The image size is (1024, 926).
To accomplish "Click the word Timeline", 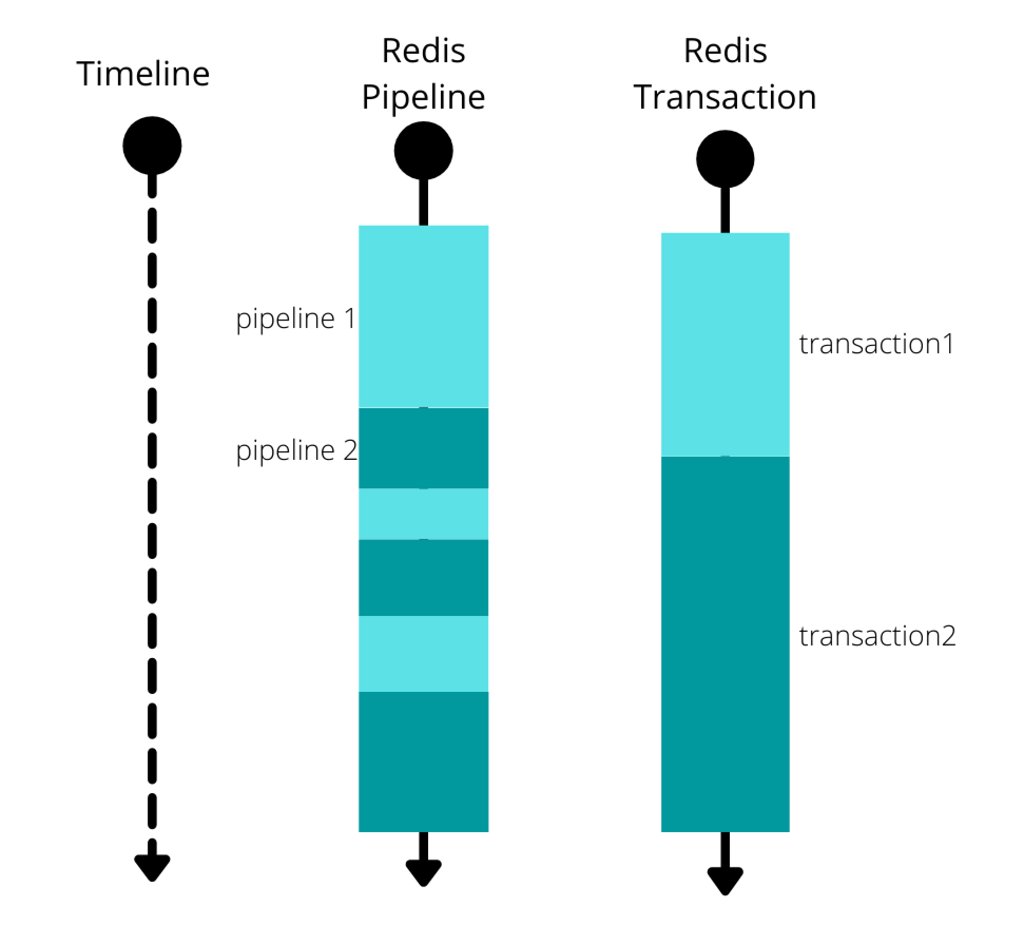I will point(143,74).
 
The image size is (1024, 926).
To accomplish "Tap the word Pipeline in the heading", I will point(423,97).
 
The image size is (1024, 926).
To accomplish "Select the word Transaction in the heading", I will point(725,97).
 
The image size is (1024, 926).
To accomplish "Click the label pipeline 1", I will point(295,319).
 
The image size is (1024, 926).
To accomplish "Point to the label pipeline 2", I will point(296,451).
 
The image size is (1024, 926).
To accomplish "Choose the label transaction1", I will point(876,344).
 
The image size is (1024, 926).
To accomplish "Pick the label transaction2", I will point(877,635).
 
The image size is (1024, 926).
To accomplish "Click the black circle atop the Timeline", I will point(152,146).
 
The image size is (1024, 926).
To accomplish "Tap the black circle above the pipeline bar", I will point(423,151).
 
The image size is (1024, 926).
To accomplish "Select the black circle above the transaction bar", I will point(725,159).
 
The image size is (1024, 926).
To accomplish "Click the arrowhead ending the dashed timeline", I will point(152,867).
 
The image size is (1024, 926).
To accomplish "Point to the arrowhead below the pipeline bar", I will point(423,872).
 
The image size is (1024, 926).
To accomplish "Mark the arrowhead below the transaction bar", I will point(725,880).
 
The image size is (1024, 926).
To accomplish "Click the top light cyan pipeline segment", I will point(423,316).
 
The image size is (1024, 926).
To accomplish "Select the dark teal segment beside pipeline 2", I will point(423,448).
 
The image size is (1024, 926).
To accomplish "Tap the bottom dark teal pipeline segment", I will point(423,761).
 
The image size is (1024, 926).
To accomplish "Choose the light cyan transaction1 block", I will point(725,344).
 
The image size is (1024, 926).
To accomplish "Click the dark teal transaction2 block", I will point(725,643).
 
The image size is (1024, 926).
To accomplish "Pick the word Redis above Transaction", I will point(725,51).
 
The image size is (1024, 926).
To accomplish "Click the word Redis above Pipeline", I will point(423,51).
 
